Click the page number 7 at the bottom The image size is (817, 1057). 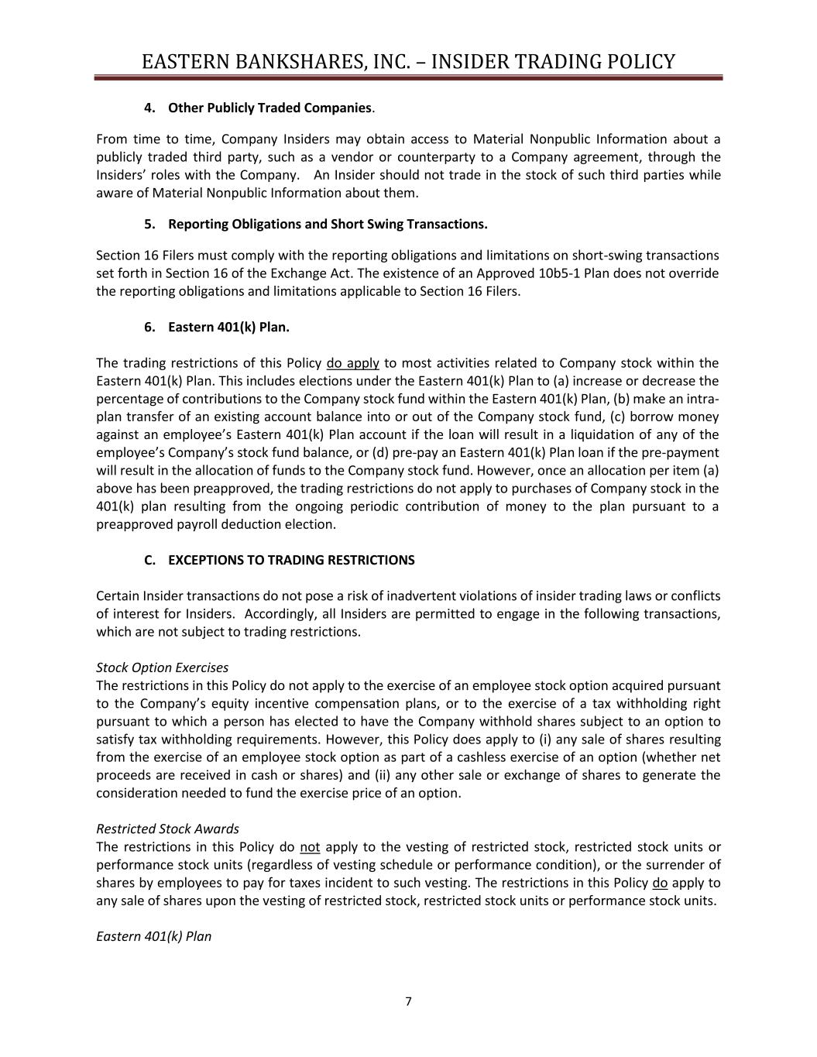(x=408, y=1001)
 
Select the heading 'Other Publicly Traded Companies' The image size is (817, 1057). (x=269, y=108)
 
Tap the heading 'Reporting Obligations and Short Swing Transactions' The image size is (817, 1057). (x=327, y=224)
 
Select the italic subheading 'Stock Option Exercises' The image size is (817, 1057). (x=162, y=667)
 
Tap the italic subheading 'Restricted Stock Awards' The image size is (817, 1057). (x=167, y=829)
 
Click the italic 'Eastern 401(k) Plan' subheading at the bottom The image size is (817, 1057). (x=153, y=936)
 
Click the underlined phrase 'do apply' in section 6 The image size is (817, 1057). (x=353, y=363)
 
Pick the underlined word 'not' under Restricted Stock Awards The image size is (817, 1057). (x=310, y=846)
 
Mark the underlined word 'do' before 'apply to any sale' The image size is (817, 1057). (x=660, y=883)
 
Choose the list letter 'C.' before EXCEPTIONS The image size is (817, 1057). (x=151, y=560)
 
